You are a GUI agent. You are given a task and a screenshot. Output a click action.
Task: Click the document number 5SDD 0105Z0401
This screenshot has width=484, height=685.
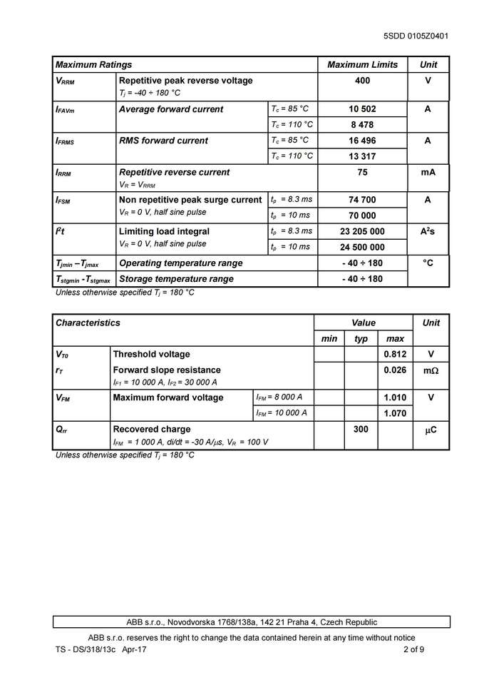click(416, 36)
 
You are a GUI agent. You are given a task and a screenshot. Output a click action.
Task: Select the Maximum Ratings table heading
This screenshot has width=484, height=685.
click(93, 65)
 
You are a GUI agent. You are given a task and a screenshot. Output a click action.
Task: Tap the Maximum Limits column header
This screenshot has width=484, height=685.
click(362, 65)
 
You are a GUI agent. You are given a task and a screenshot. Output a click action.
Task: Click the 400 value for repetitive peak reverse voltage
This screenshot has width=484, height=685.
click(362, 81)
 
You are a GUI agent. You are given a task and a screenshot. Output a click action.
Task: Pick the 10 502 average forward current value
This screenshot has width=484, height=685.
click(362, 109)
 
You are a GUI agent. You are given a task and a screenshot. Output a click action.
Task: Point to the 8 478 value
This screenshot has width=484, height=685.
click(362, 125)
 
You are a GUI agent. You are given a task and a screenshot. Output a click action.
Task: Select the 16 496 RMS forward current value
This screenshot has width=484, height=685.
click(362, 141)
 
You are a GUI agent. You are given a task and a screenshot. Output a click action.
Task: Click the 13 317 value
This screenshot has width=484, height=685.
click(362, 156)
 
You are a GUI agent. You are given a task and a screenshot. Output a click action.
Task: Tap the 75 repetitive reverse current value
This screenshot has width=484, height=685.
click(362, 172)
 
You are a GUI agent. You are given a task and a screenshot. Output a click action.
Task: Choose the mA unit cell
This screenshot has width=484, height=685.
click(428, 172)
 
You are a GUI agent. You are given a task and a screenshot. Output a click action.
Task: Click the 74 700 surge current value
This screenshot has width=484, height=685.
click(362, 200)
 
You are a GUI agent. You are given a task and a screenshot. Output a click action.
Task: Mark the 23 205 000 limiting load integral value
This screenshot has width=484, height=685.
click(362, 231)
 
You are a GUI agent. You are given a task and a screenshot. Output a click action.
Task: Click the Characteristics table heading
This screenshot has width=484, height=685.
click(88, 323)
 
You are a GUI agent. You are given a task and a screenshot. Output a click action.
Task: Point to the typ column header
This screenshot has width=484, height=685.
click(361, 338)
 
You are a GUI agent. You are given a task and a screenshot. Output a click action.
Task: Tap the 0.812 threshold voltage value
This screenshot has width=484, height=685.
click(395, 354)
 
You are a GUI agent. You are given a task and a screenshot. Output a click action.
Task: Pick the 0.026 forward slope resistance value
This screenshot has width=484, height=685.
click(395, 370)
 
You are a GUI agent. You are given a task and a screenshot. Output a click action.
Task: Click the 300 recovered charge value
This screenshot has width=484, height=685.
click(361, 429)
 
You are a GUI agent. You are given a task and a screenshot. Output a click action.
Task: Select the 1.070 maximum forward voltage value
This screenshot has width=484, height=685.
click(395, 413)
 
